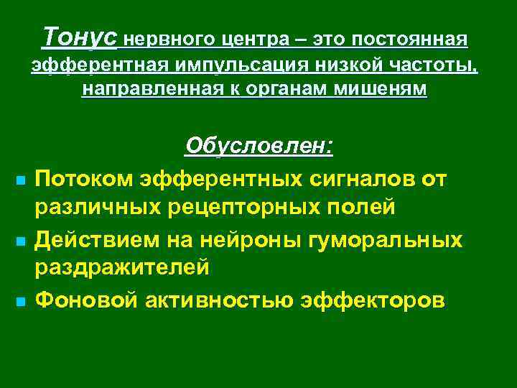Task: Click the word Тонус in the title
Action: [x=80, y=35]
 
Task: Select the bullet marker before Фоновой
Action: [x=16, y=299]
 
